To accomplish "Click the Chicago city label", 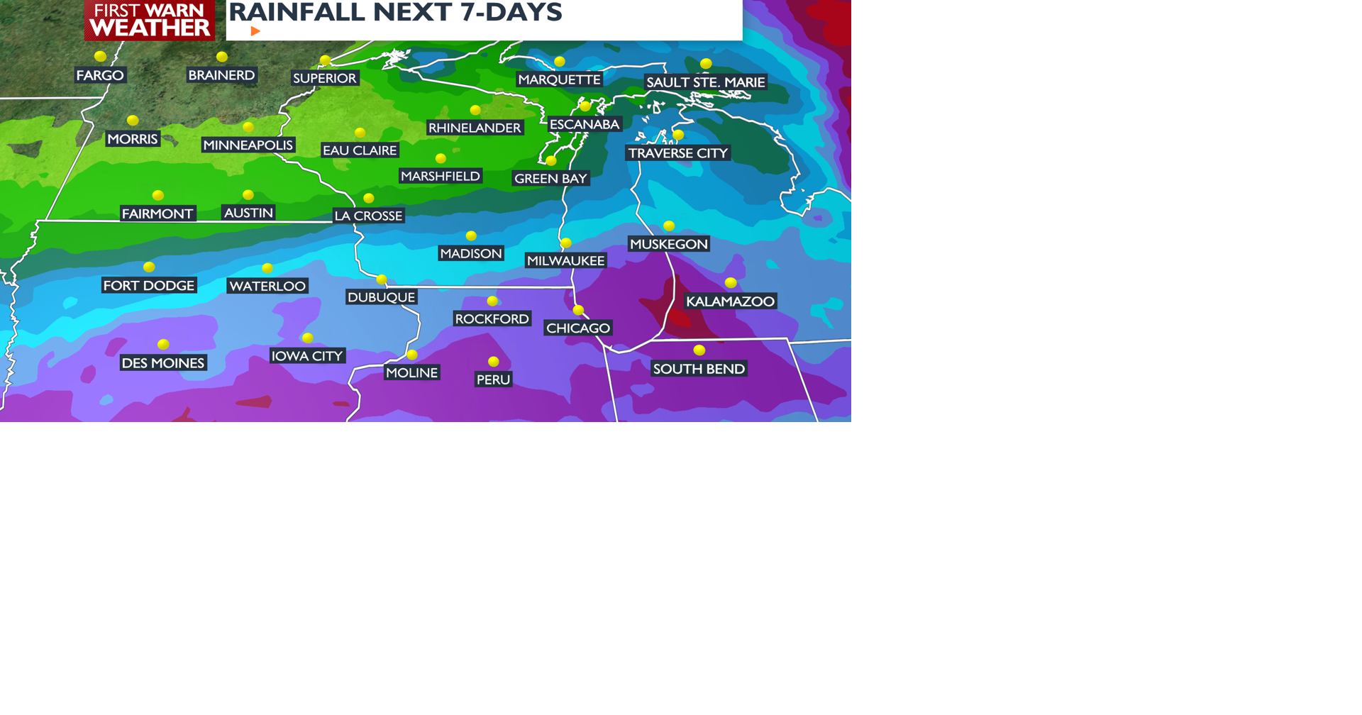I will tap(578, 328).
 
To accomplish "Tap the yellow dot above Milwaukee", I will tap(566, 243).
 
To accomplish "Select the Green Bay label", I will tap(550, 179).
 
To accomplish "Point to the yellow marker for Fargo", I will tap(101, 57).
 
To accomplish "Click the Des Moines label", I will tap(163, 363).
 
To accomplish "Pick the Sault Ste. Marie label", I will tap(705, 82).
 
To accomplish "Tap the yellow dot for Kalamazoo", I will tap(731, 283).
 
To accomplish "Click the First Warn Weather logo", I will tap(150, 20).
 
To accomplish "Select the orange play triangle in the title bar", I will tap(255, 31).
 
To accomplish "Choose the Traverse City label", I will tap(677, 153).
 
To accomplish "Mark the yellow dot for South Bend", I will tap(699, 350).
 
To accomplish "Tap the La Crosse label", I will tap(368, 216).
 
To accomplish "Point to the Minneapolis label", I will tap(248, 145).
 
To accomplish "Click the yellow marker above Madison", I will tap(471, 236).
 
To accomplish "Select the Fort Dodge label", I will tap(149, 286).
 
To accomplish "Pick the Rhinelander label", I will tap(475, 128).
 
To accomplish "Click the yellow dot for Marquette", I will tap(560, 62).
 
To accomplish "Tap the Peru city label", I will tap(493, 379).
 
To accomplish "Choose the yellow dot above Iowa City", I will tap(307, 338).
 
